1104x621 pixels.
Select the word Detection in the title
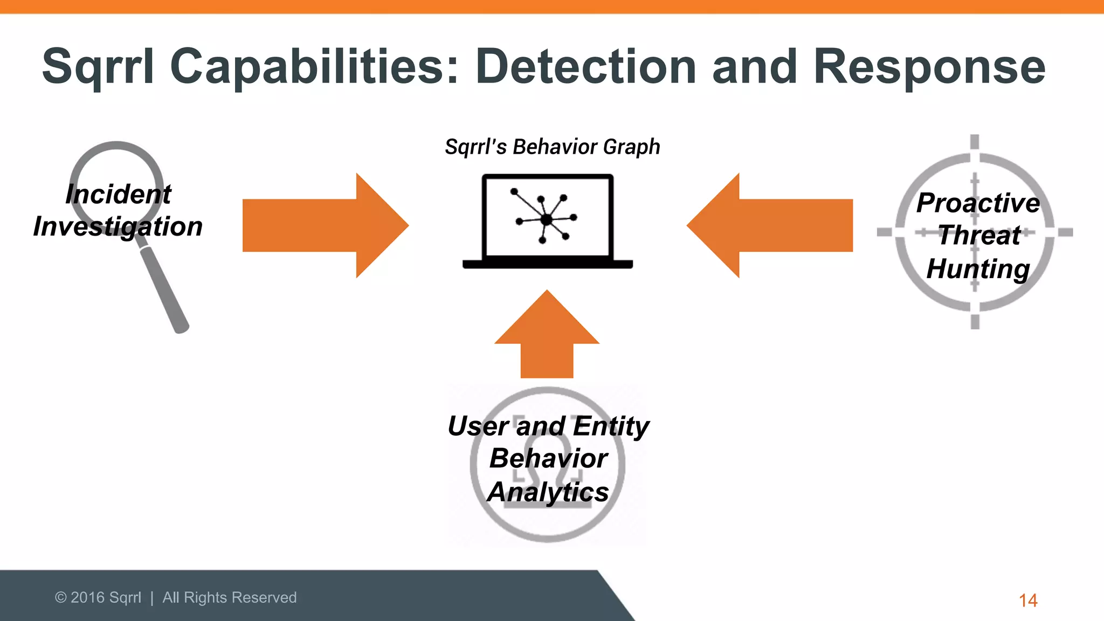586,67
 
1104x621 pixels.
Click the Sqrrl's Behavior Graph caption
552,147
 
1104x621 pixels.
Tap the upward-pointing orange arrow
547,340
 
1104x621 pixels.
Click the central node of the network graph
546,219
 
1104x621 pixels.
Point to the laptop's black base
547,264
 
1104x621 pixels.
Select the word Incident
118,194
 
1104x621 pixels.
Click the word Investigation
118,226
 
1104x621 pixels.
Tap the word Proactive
978,203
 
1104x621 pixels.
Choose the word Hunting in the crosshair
978,268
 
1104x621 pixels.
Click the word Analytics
548,492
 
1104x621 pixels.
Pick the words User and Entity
548,426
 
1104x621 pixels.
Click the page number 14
1027,600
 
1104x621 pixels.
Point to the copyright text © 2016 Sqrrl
98,597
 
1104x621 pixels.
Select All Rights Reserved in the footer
229,597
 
